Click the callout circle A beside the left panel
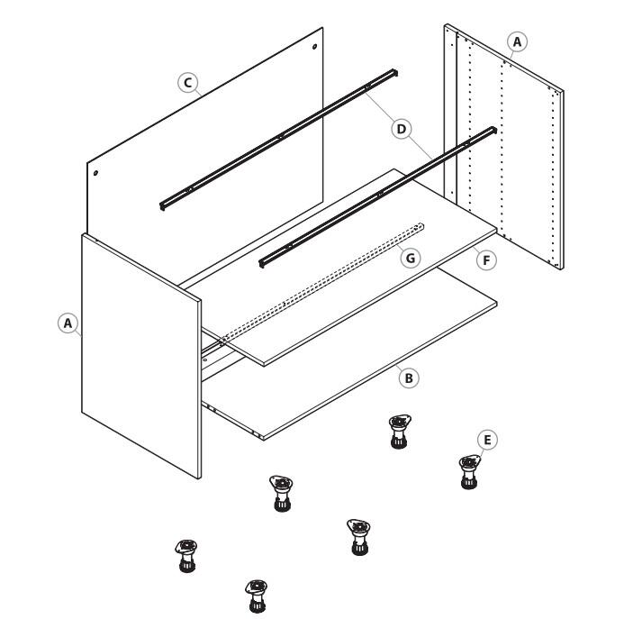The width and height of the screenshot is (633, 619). point(68,323)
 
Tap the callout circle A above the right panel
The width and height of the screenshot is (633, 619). point(517,41)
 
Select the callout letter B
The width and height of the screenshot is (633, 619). point(409,378)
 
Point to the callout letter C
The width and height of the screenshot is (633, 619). point(187,83)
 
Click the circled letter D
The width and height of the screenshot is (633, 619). point(402,129)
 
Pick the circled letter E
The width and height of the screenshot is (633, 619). point(487,440)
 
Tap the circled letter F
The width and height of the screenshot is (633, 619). point(486,260)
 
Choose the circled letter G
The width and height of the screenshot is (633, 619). point(411,258)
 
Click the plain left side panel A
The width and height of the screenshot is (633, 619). point(141,356)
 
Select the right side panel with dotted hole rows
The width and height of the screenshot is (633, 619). point(504,146)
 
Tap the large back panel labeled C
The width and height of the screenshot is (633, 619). point(205,133)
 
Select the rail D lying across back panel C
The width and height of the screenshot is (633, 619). point(278,140)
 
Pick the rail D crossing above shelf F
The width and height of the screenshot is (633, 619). point(377,196)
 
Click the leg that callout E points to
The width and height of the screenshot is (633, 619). point(469,472)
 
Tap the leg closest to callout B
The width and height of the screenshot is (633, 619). point(399,432)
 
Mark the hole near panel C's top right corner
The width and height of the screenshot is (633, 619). point(314,47)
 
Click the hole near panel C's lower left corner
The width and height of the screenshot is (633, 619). point(95,173)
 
